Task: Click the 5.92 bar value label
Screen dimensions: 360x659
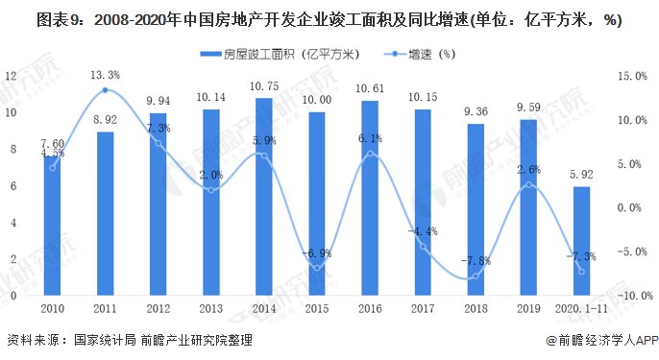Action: pyautogui.click(x=582, y=175)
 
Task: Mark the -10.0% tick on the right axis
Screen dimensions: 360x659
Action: pyautogui.click(x=630, y=297)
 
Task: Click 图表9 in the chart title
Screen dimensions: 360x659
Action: pyautogui.click(x=29, y=21)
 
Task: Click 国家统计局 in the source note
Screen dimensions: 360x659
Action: pyautogui.click(x=110, y=340)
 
